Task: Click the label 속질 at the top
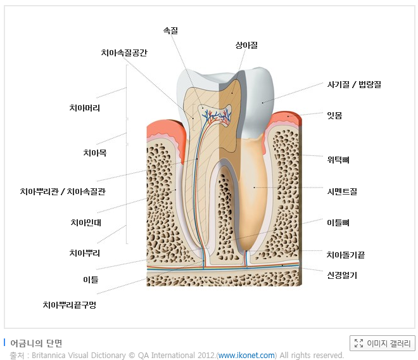coord(170,30)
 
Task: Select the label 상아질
coord(246,45)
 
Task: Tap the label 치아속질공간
coord(124,53)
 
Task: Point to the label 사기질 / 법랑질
coord(353,84)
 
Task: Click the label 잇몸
coord(334,115)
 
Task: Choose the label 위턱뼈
coord(338,160)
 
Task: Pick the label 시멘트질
coord(342,191)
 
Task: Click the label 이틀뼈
coord(338,222)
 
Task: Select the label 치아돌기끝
coord(345,255)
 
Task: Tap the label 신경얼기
coord(342,275)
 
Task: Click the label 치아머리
coord(84,108)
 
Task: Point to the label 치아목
coord(95,153)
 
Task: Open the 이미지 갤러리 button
coord(383,343)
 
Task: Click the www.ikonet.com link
coord(247,356)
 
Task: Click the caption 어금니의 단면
coord(36,343)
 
